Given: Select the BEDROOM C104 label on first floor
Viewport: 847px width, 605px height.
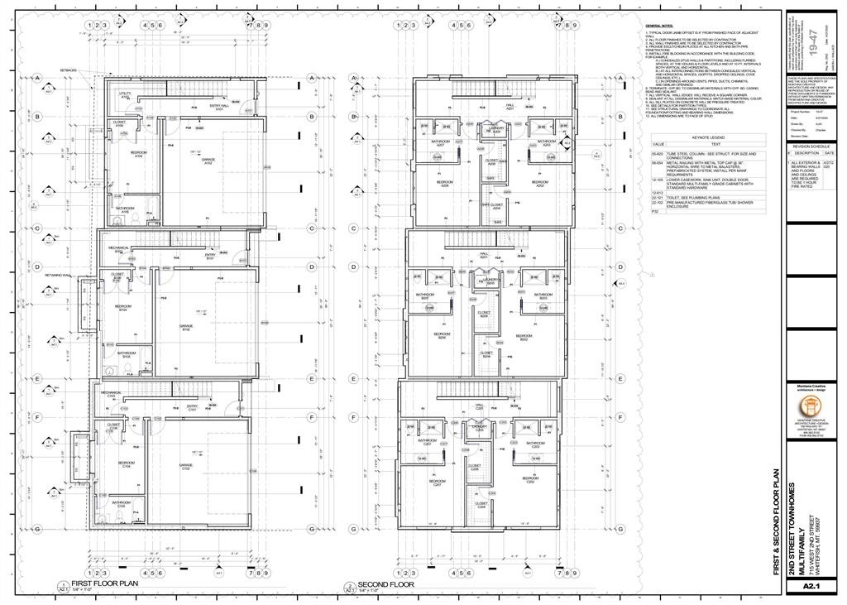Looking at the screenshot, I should (x=127, y=464).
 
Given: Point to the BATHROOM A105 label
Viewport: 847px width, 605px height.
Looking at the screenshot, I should (x=124, y=210).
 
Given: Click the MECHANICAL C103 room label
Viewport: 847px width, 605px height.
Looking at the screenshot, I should (x=112, y=394).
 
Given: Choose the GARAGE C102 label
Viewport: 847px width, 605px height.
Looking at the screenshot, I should (x=186, y=468).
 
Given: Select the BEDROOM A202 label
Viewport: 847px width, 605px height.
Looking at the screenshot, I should (x=540, y=184).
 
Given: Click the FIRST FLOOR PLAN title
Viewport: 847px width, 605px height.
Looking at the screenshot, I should (x=104, y=583).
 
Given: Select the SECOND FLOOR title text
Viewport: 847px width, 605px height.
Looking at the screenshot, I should (x=385, y=583).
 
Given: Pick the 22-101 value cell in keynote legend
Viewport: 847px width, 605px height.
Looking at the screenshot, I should (x=658, y=198).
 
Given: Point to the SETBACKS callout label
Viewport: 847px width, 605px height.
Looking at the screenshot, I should (x=68, y=70).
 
